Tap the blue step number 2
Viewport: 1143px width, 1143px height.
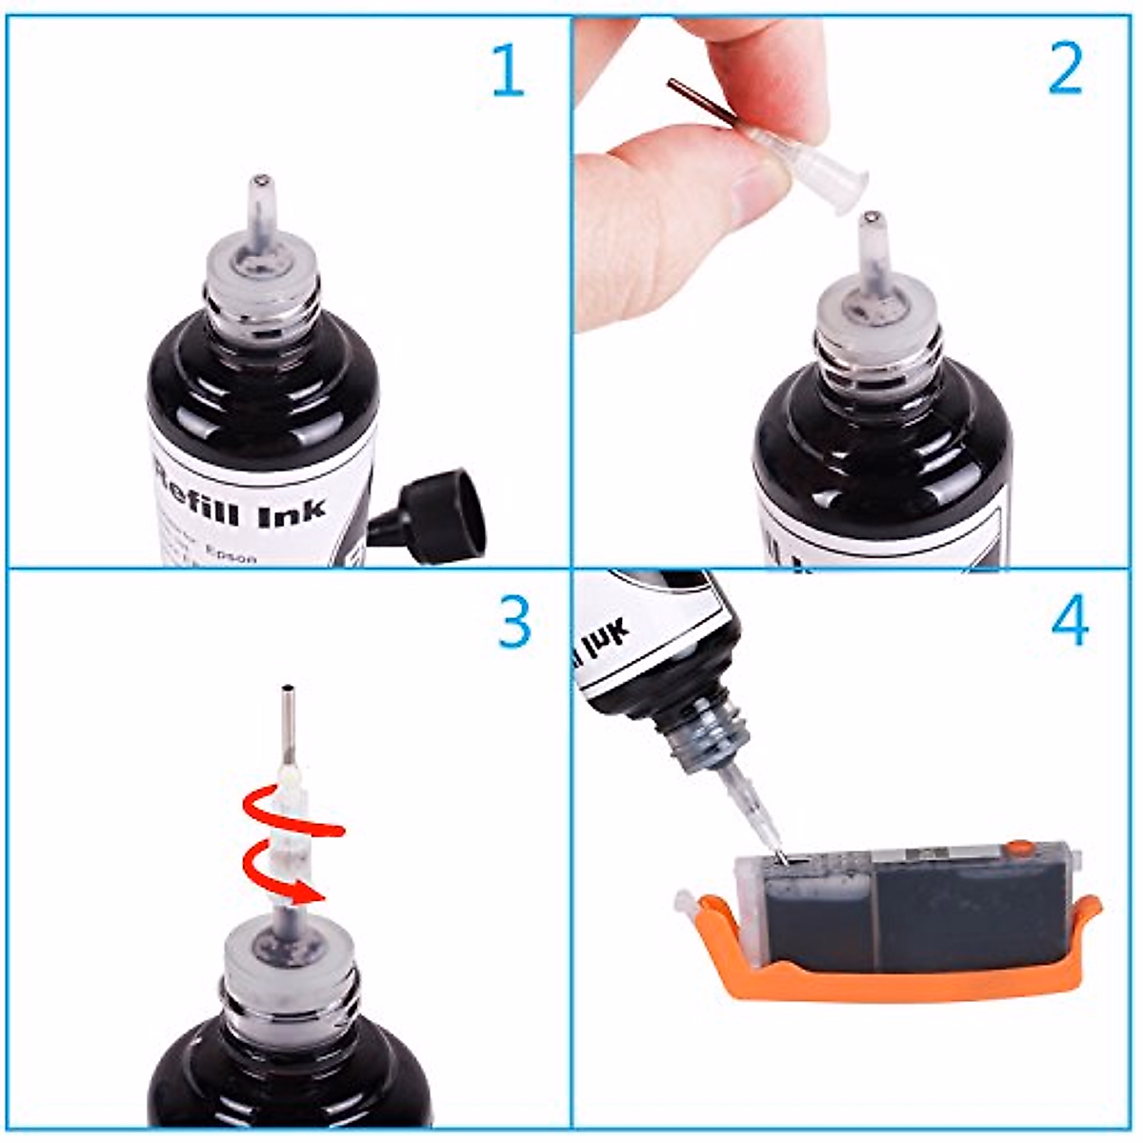point(1065,69)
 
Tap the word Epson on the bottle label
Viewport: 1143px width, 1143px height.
point(232,555)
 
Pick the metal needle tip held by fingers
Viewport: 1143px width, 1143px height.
point(678,89)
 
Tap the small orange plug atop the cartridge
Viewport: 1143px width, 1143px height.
point(1019,846)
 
